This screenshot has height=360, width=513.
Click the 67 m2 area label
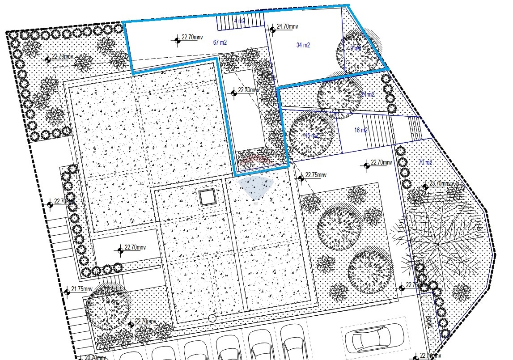tap(220, 43)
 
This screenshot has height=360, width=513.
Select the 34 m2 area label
tap(303, 45)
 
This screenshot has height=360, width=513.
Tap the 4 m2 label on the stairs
tap(240, 21)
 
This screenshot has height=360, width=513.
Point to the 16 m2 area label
tap(360, 131)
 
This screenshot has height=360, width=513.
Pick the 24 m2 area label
tap(368, 94)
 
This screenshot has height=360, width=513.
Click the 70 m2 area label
tap(425, 162)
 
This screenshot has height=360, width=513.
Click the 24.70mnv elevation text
tap(288, 27)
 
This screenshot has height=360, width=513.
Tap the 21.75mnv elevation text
tap(82, 289)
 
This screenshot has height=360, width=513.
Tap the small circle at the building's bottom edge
tap(212, 318)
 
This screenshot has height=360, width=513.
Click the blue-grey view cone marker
tap(255, 187)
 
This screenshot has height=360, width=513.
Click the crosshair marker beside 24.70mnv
tap(272, 30)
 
